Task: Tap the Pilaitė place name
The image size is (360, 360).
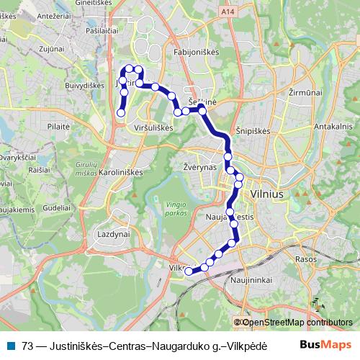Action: pyautogui.click(x=58, y=125)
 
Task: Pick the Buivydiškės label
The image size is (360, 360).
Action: pyautogui.click(x=85, y=85)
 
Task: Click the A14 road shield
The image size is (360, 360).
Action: pyautogui.click(x=228, y=12)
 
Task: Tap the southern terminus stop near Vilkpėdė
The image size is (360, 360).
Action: pyautogui.click(x=189, y=271)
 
